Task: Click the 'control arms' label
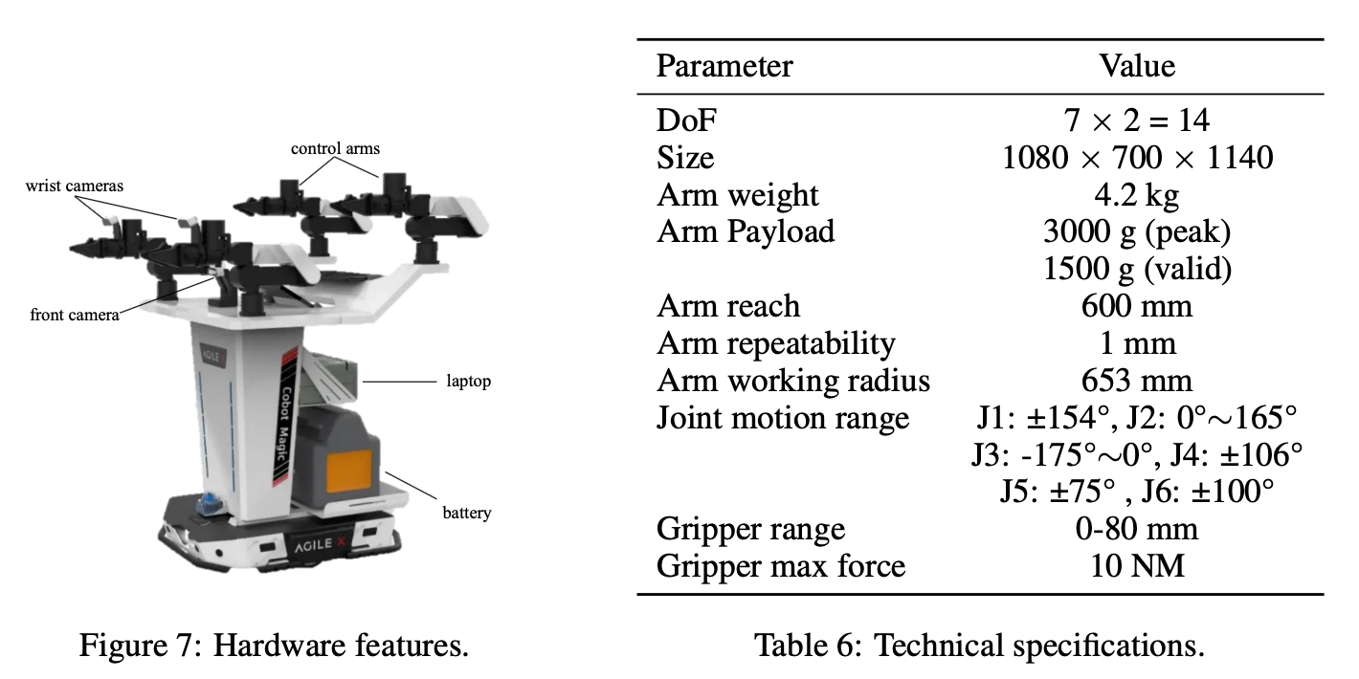(335, 148)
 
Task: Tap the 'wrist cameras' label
(75, 186)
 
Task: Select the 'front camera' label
(74, 315)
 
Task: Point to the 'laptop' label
(468, 381)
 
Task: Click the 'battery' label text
(466, 513)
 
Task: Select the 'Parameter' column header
(724, 66)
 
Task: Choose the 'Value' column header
(1137, 66)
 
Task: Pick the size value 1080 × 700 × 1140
(1137, 157)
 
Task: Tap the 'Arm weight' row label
(738, 194)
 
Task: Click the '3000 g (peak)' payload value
(1137, 231)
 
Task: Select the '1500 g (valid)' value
(1137, 269)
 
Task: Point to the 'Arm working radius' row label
(793, 381)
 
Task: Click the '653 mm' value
(1137, 381)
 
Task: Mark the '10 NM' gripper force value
(1137, 566)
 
